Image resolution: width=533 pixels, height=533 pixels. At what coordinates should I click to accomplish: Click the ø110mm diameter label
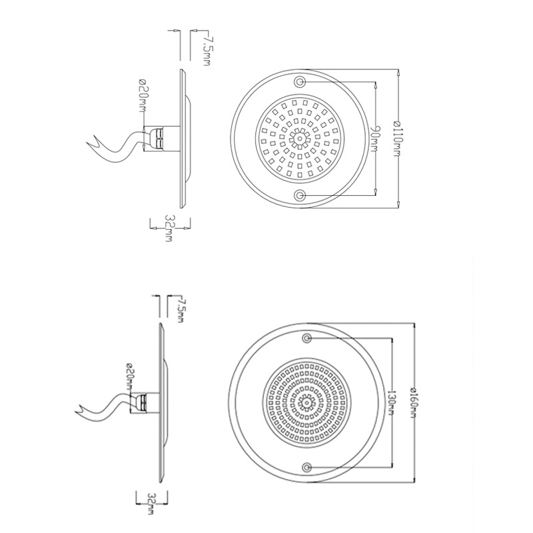tap(397, 138)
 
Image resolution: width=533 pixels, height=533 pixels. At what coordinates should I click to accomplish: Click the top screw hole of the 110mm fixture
tap(300, 81)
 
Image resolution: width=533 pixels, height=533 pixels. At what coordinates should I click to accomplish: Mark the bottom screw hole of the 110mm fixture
tap(300, 195)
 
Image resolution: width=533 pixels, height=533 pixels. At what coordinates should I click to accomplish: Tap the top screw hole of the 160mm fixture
tap(306, 339)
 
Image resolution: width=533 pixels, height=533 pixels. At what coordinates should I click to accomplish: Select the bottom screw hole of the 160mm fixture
tap(306, 466)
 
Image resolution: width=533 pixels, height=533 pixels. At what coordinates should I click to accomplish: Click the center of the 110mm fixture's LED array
tap(300, 139)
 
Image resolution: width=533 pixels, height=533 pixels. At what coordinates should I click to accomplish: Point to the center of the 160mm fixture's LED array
tap(307, 402)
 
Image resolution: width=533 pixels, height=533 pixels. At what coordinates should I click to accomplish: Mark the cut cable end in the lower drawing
tap(81, 409)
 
